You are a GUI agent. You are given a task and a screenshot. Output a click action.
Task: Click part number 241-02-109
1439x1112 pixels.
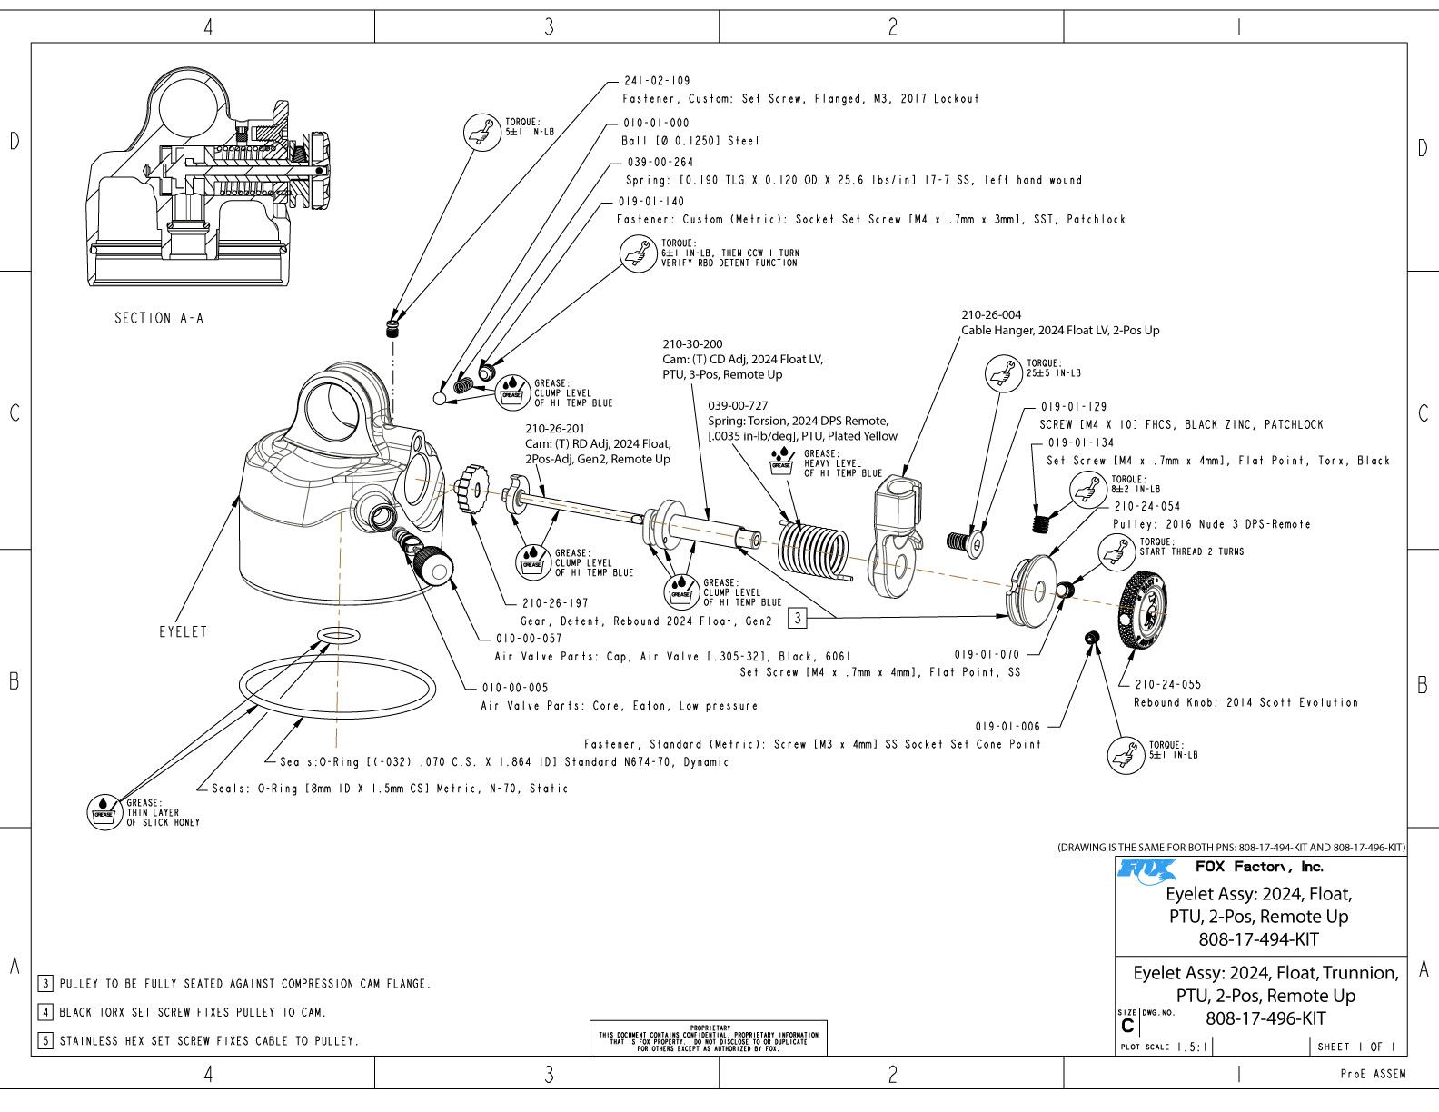coord(657,81)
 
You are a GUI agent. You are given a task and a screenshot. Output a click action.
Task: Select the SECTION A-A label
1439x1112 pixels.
coord(159,318)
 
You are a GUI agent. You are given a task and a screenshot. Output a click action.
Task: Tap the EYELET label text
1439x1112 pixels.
coord(183,631)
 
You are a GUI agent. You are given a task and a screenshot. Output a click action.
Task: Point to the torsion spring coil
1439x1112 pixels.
coord(813,551)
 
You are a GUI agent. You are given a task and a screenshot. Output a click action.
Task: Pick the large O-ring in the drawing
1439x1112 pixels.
coord(333,692)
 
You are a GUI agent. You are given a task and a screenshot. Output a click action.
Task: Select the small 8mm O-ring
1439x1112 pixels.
coord(337,635)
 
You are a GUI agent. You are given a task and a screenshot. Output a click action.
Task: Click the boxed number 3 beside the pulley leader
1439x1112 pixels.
coord(797,619)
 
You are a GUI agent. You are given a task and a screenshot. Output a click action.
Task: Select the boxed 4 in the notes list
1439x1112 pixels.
coord(45,1012)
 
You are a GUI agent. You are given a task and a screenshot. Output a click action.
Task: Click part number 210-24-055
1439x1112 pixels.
coord(1167,684)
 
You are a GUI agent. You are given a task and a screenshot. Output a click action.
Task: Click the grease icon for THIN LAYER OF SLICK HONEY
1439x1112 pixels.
coord(104,811)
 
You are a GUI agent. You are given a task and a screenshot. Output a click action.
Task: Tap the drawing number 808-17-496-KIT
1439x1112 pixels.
coord(1265,1018)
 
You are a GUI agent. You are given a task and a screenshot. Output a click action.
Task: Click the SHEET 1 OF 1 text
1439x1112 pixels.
coord(1356,1047)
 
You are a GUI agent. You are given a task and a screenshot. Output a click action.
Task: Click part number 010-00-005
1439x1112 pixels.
coord(515,687)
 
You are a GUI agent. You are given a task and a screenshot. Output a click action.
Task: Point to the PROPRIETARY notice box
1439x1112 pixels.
coord(708,1036)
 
